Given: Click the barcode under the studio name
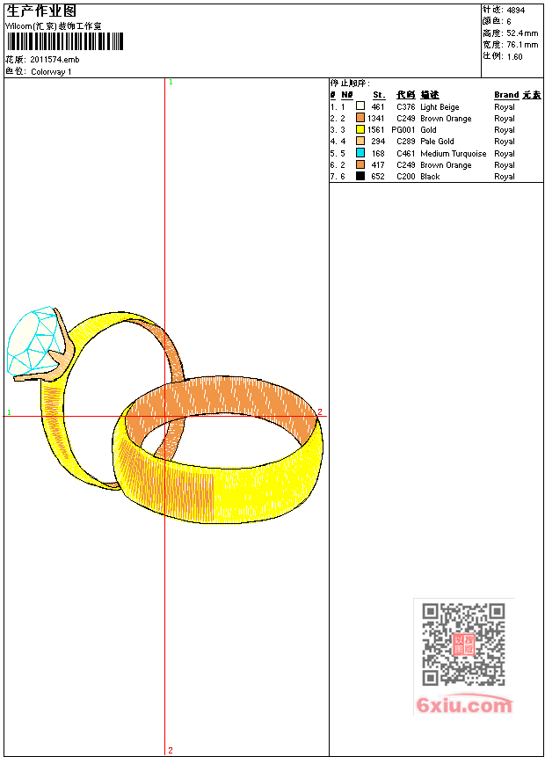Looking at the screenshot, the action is (65, 41).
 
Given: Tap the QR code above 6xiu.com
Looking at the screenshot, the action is (463, 644).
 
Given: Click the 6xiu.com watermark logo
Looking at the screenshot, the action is (464, 705).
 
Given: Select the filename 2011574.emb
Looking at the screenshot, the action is (54, 60).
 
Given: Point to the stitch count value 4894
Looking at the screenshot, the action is (516, 10).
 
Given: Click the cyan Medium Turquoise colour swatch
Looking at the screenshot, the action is (360, 153).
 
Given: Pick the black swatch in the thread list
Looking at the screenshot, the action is (360, 176).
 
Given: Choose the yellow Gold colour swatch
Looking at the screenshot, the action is (360, 129).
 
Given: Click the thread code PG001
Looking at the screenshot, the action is (403, 130).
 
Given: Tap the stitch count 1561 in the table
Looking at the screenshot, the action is (375, 130).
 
